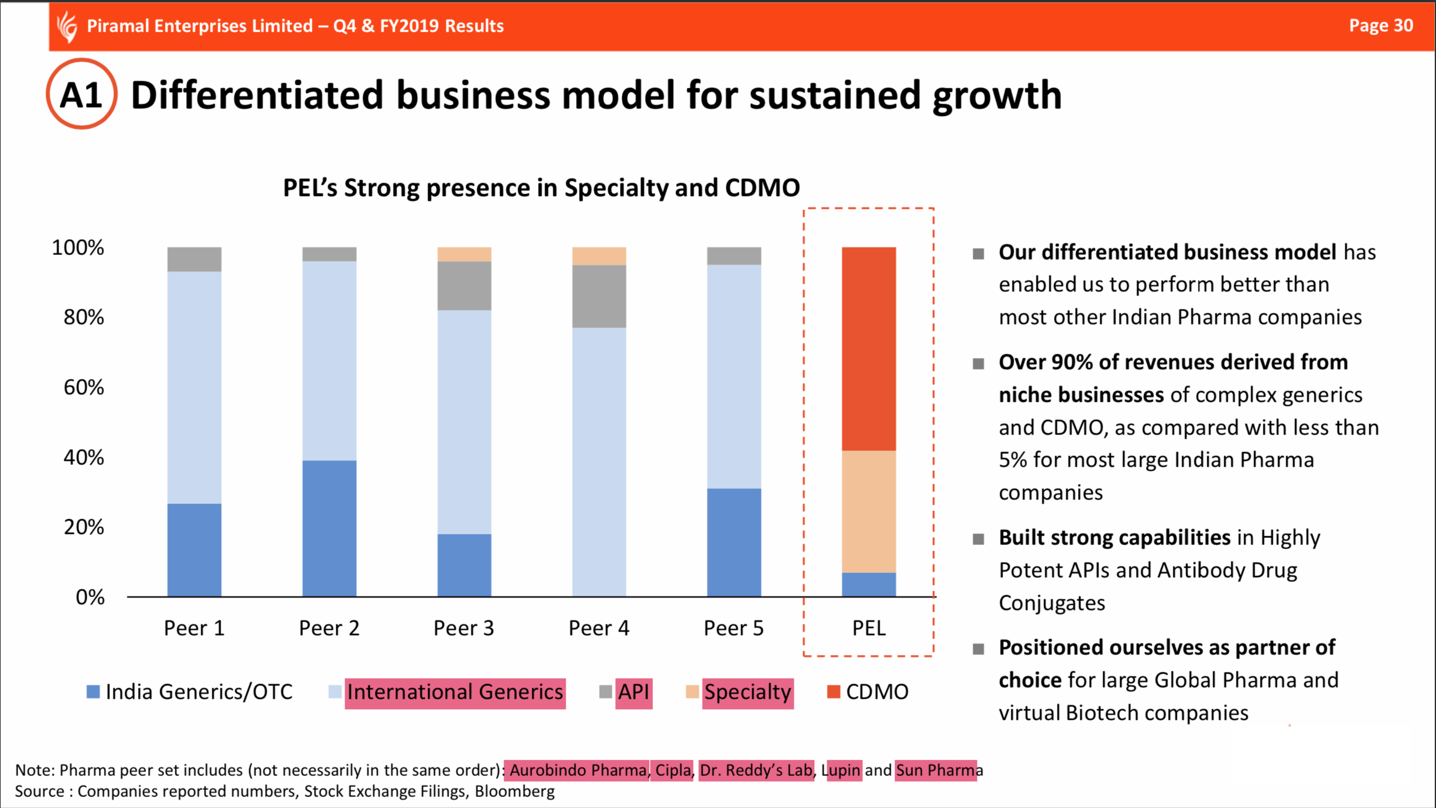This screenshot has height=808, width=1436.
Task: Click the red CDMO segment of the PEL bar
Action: click(869, 348)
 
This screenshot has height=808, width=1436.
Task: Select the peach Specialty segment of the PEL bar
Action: click(869, 511)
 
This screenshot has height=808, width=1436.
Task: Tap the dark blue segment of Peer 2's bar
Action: click(329, 528)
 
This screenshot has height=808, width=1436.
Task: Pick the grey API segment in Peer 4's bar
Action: click(599, 296)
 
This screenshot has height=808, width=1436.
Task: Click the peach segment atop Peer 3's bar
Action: click(464, 254)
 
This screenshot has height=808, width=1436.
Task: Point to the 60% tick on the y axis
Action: click(84, 387)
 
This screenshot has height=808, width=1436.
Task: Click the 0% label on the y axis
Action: click(90, 597)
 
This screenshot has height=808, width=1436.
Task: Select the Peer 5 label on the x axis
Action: click(734, 628)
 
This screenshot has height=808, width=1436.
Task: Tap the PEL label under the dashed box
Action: click(869, 628)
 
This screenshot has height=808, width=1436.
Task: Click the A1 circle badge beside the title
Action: click(81, 94)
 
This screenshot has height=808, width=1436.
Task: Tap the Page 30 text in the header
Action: click(1380, 26)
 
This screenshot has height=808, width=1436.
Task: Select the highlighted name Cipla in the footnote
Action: click(673, 770)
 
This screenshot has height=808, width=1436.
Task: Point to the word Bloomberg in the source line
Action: click(514, 792)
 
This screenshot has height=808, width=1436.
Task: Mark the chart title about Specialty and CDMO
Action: click(541, 188)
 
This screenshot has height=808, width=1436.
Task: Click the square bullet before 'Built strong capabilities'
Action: click(979, 538)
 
